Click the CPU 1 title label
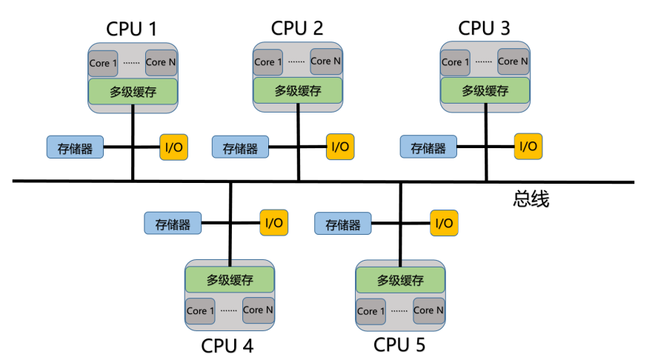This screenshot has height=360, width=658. point(133,29)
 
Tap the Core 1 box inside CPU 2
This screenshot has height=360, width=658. point(268,62)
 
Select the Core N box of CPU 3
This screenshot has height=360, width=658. point(514,61)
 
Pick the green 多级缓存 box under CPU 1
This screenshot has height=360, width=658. point(133,91)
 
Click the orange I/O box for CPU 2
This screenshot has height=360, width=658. point(340,147)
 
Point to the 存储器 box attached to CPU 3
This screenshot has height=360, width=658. point(428,147)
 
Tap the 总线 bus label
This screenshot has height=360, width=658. point(531,199)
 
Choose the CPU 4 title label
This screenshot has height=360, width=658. point(228,345)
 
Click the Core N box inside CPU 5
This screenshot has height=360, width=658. point(428,310)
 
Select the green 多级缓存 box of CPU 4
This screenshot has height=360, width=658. point(230,280)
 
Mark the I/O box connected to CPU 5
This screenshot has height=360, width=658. point(444,222)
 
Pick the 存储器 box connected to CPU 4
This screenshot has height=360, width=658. point(173,222)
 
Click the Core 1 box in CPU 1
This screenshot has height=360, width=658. point(103,62)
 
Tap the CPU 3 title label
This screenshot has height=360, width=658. point(485,29)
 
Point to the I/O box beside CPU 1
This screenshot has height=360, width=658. point(173,147)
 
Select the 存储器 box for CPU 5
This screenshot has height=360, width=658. point(343,223)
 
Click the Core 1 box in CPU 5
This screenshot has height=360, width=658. point(371,311)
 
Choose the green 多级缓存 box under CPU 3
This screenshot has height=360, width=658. point(485,91)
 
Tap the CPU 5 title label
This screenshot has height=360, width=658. point(399,345)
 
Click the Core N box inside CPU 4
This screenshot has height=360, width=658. point(258,310)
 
